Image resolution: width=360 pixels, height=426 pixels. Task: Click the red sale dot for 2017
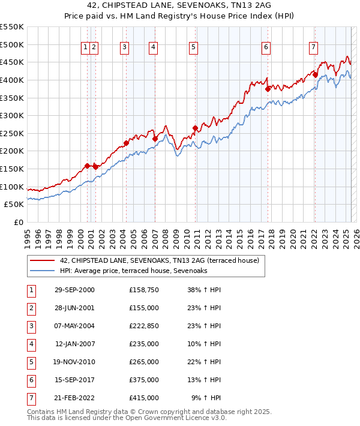[268, 89]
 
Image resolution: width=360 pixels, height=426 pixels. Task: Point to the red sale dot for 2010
[196, 128]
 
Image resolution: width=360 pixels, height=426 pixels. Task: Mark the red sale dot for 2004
[126, 143]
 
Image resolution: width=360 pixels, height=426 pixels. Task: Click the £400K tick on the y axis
[12, 80]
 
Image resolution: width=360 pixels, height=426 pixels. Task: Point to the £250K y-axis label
[12, 133]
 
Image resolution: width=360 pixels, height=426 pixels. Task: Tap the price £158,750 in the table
[143, 290]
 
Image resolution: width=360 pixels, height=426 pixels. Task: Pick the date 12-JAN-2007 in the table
[75, 344]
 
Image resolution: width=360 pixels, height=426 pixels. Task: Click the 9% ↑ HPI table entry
[206, 398]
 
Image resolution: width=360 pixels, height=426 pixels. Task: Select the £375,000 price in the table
[143, 380]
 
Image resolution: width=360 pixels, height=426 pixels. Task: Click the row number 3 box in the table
[30, 326]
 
